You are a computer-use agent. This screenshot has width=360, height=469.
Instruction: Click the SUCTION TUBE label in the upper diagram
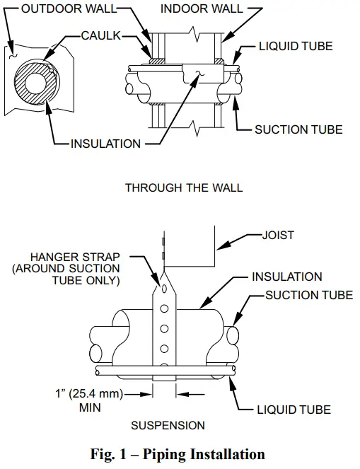pos(298,129)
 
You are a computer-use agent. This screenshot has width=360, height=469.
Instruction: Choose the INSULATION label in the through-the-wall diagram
pos(105,144)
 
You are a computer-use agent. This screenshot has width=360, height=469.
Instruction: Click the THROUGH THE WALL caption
pos(183,187)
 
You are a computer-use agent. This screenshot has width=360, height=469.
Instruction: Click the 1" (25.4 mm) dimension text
pos(79,395)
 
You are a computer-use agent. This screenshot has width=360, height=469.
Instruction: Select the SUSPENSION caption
pos(168,426)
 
